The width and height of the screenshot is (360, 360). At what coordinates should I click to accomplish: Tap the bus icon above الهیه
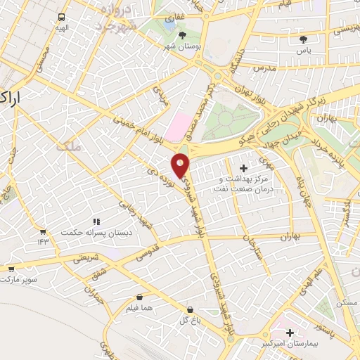coord(62,17)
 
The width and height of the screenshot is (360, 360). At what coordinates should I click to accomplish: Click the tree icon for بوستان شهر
coord(183,35)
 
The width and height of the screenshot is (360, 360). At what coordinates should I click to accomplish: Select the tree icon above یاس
coord(303,39)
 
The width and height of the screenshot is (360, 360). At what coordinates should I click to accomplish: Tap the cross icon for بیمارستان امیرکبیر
coord(289,332)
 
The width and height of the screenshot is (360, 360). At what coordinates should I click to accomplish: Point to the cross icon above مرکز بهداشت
coord(244,168)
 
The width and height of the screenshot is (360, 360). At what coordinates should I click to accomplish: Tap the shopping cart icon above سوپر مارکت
coord(11,269)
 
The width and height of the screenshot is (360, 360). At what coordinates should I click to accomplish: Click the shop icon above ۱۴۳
coord(43,231)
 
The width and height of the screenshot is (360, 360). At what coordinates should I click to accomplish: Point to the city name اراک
coord(14,98)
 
